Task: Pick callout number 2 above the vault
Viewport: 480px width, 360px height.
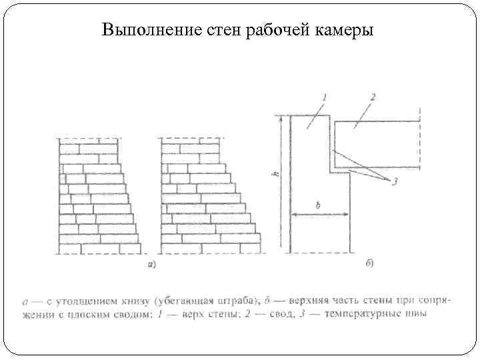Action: pyautogui.click(x=373, y=97)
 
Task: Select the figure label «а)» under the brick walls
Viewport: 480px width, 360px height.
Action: pyautogui.click(x=152, y=265)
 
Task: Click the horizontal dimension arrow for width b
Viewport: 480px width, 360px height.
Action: pyautogui.click(x=319, y=215)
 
